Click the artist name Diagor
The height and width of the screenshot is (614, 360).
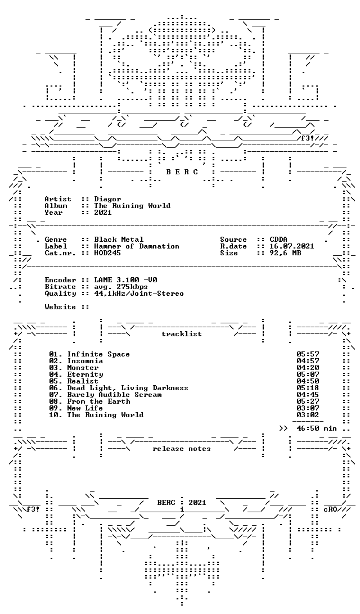pyautogui.click(x=108, y=199)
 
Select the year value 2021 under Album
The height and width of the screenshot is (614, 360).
pyautogui.click(x=103, y=213)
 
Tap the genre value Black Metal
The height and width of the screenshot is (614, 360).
pyautogui.click(x=119, y=240)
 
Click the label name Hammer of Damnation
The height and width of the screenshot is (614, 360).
pyautogui.click(x=137, y=246)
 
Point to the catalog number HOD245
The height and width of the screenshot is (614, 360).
pyautogui.click(x=108, y=253)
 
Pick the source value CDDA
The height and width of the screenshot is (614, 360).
pyautogui.click(x=278, y=240)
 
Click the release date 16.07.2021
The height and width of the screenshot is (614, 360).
pyautogui.click(x=292, y=246)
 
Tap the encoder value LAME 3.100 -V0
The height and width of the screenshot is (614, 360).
pyautogui.click(x=126, y=280)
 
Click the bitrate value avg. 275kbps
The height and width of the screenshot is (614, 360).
pyautogui.click(x=121, y=287)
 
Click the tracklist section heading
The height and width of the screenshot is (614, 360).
pyautogui.click(x=182, y=334)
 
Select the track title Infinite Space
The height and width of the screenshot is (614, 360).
pyautogui.click(x=98, y=354)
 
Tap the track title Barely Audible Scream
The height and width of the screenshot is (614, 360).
pyautogui.click(x=114, y=395)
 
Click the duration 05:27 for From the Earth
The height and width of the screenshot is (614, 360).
pyautogui.click(x=308, y=401)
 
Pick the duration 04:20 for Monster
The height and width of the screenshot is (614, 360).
pyautogui.click(x=308, y=368)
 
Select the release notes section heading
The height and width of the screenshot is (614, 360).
pyautogui.click(x=182, y=449)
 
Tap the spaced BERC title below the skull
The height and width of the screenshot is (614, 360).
pyautogui.click(x=182, y=172)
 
